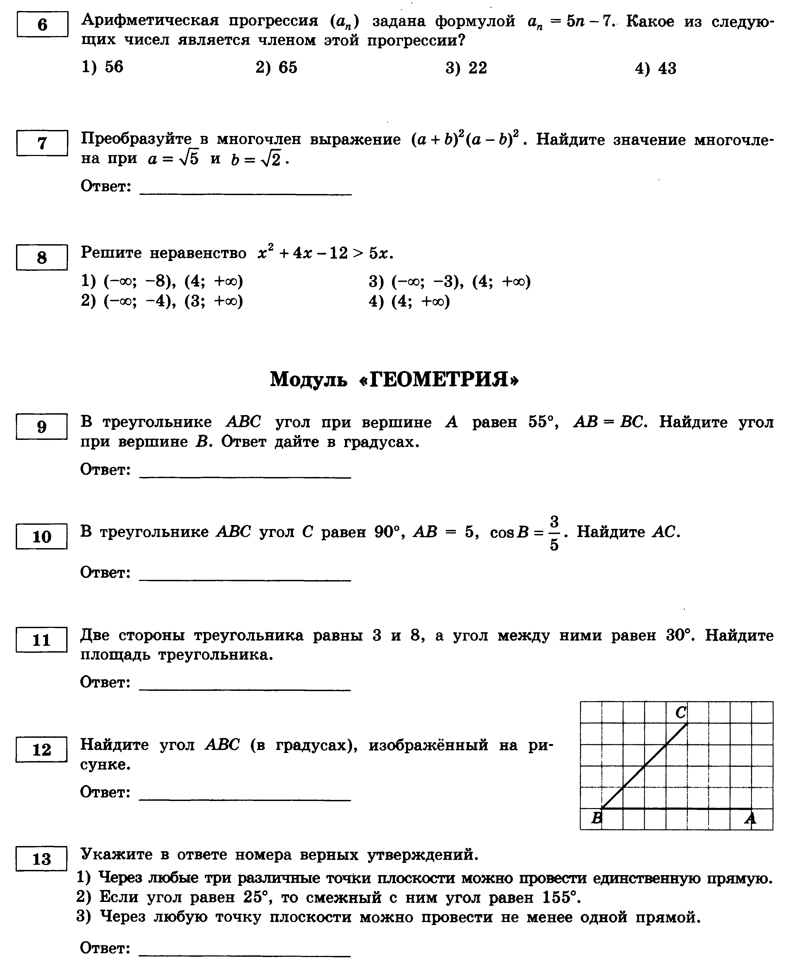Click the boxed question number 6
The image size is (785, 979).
(x=42, y=24)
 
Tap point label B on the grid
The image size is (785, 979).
(x=596, y=818)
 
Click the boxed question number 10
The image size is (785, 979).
(x=42, y=537)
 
